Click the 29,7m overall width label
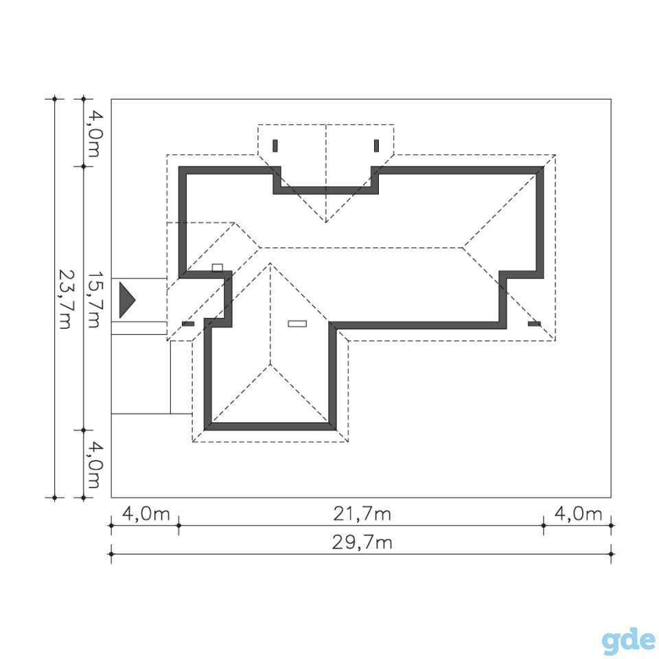362,542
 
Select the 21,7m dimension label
362,514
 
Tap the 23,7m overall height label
64,299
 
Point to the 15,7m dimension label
93,299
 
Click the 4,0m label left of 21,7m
146,514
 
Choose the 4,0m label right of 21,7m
578,514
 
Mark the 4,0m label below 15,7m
93,465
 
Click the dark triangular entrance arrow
127,300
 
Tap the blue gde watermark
629,640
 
